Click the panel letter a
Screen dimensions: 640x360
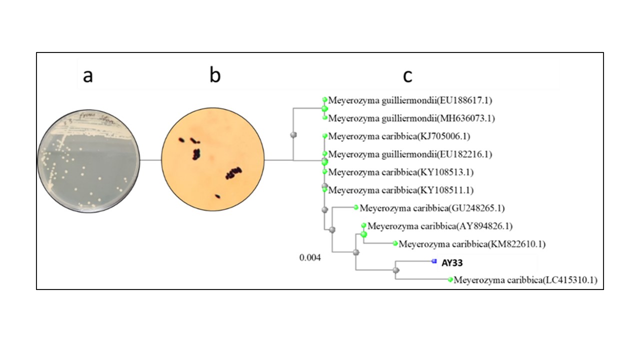point(88,76)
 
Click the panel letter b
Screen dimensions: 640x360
point(215,75)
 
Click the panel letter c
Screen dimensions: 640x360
point(407,76)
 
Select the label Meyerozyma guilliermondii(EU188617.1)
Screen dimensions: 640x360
point(410,100)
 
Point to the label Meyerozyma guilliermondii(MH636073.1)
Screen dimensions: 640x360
point(411,118)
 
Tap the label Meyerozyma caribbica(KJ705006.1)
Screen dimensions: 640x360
point(399,136)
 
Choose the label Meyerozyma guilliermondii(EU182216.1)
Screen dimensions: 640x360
point(410,154)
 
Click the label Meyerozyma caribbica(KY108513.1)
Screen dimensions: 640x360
point(401,172)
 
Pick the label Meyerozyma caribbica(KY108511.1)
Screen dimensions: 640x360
point(401,190)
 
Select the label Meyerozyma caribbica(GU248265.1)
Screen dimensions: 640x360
point(432,208)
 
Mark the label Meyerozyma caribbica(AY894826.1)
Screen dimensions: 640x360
point(440,226)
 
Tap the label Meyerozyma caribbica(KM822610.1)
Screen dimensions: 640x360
point(472,244)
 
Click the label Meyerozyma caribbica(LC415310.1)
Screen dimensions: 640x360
point(525,280)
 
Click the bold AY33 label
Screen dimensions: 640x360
point(452,263)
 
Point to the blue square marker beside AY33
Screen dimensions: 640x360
point(434,261)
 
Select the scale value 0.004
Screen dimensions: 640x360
point(310,257)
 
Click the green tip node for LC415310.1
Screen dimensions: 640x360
point(450,279)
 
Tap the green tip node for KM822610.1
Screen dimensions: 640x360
point(395,243)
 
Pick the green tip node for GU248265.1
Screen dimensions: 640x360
point(355,207)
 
